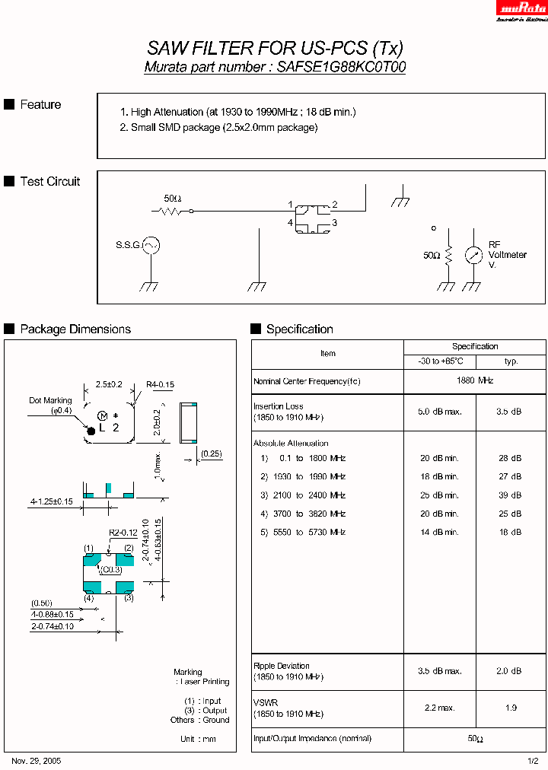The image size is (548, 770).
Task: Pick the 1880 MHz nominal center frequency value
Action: [x=475, y=380]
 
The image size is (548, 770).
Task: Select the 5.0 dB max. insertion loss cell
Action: [x=439, y=412]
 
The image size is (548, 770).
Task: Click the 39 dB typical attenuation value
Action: [x=511, y=495]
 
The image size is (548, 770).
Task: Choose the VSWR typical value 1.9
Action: [x=511, y=708]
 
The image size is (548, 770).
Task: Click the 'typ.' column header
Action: [x=511, y=361]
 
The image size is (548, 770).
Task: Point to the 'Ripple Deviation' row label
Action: [x=282, y=666]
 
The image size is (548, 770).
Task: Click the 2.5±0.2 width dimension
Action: [x=109, y=385]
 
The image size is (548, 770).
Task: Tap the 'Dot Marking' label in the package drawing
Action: [x=50, y=400]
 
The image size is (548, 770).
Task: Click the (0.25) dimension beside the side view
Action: [x=212, y=454]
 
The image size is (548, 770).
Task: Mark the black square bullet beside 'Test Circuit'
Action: [x=9, y=181]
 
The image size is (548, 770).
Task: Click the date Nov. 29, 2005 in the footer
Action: [x=37, y=761]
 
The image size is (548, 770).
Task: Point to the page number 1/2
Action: [x=533, y=761]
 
